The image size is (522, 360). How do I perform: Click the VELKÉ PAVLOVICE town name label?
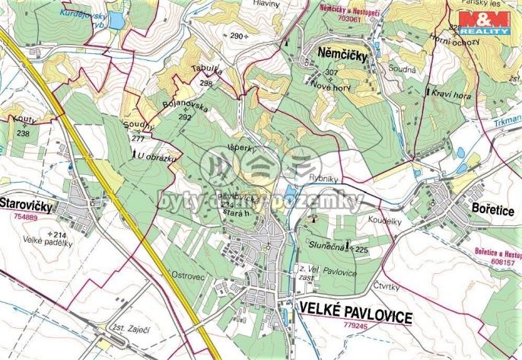click(x=356, y=313)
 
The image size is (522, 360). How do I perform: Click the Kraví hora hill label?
click(x=454, y=96)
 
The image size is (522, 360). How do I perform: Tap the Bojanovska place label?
click(x=185, y=107)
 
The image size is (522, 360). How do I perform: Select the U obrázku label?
click(x=158, y=156)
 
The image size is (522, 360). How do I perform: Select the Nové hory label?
click(x=329, y=86)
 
